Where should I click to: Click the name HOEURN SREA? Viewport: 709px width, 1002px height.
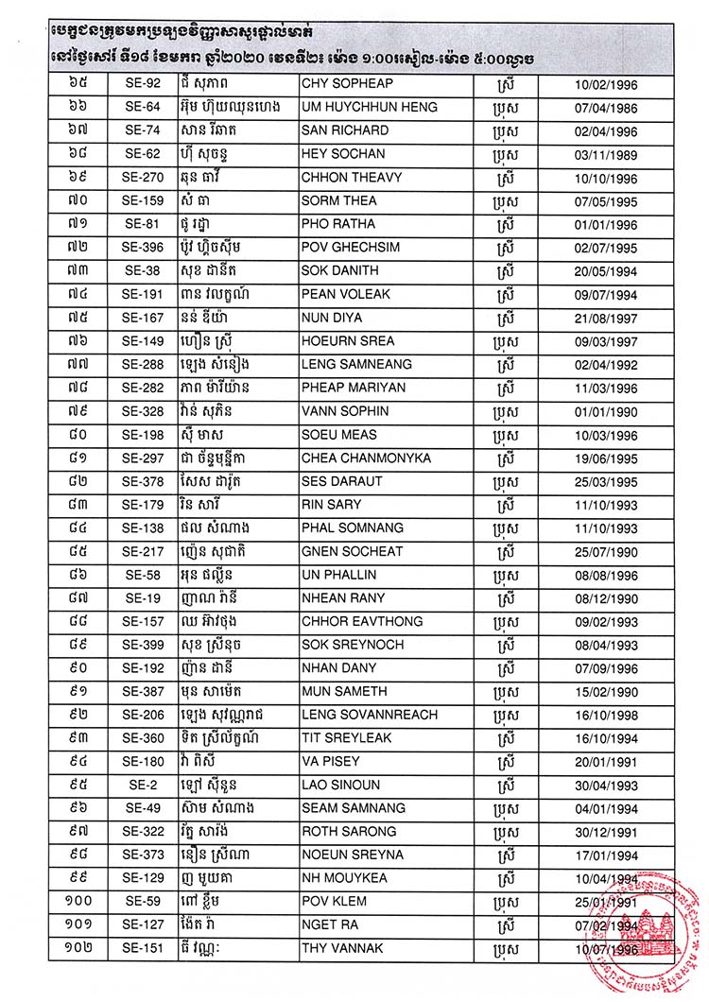[347, 341]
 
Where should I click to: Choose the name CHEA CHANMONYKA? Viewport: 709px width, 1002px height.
[366, 458]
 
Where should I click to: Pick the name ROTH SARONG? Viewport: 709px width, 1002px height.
[348, 832]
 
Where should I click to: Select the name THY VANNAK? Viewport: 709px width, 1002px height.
[340, 948]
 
